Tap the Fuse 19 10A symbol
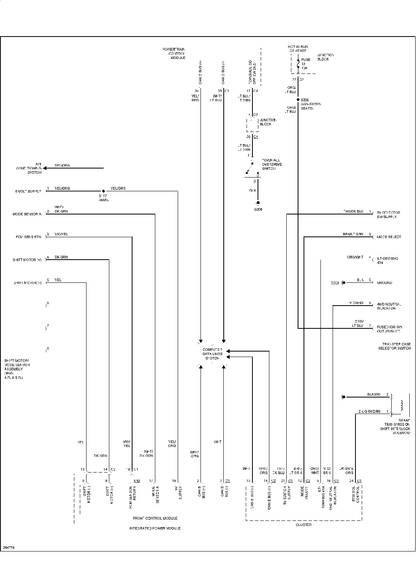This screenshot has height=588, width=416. click(298, 64)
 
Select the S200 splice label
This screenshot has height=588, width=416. click(305, 100)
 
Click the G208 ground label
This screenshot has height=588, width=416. click(258, 209)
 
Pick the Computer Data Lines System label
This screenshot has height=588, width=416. click(212, 354)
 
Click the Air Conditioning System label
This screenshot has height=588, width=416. click(29, 168)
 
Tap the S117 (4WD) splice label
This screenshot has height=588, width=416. click(103, 198)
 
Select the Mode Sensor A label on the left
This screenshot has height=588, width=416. click(27, 214)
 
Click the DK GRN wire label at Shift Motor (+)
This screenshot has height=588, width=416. click(61, 257)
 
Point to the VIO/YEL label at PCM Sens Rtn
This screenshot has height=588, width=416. click(61, 234)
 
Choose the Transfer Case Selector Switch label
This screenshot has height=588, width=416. click(394, 346)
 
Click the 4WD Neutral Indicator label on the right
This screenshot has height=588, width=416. click(389, 306)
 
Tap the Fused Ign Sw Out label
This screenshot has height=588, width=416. click(388, 328)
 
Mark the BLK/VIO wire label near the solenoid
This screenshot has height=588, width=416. click(374, 394)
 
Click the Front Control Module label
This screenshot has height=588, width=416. click(155, 518)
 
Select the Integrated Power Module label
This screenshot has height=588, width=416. click(155, 528)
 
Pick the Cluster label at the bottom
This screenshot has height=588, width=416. click(303, 525)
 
